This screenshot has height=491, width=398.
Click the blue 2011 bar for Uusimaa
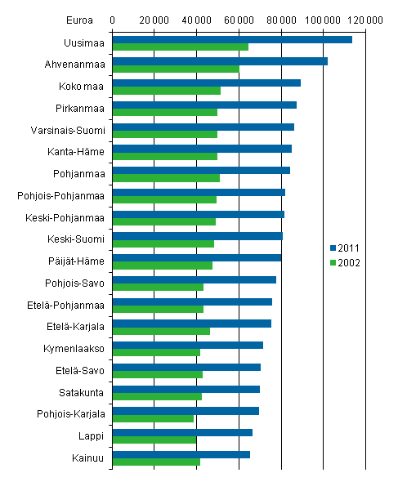(x=231, y=39)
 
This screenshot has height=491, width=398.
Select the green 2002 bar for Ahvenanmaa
(x=175, y=69)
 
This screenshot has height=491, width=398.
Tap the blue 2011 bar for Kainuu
(x=181, y=454)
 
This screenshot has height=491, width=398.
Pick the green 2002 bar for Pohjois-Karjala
(x=153, y=418)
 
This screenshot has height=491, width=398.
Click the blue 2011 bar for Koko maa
(x=206, y=83)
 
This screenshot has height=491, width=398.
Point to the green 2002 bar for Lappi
(x=154, y=440)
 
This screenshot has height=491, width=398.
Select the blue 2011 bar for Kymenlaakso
(x=187, y=345)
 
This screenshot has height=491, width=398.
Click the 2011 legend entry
(x=345, y=248)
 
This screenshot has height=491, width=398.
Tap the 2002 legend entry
(x=345, y=262)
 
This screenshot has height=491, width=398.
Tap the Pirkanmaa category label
(x=82, y=107)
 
